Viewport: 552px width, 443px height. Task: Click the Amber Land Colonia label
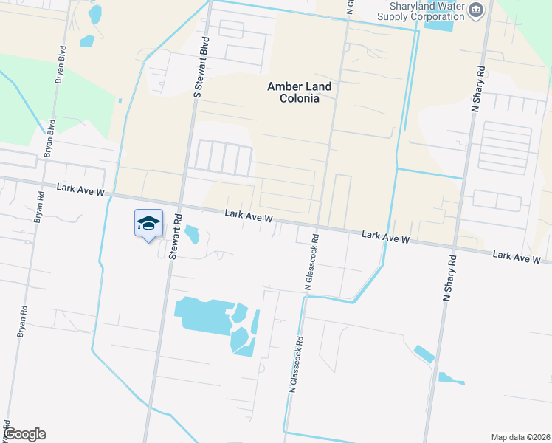tap(299, 92)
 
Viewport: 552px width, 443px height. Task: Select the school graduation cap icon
tap(148, 223)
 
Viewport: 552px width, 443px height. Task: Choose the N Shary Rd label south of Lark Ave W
tap(448, 278)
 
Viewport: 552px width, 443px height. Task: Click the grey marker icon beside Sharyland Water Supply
tap(476, 10)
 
